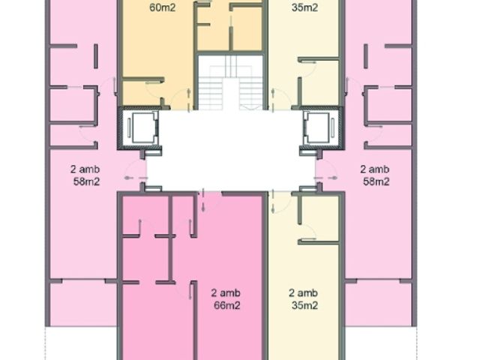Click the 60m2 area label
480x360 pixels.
(x=163, y=7)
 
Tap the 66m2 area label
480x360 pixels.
(x=226, y=305)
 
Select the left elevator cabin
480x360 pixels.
(x=142, y=127)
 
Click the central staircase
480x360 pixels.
(x=230, y=82)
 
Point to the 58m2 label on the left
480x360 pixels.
(x=87, y=181)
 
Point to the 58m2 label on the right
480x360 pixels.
(x=376, y=181)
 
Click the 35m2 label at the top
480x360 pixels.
(x=304, y=7)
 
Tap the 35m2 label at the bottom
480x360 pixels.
(x=304, y=305)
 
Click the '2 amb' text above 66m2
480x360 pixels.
(x=226, y=293)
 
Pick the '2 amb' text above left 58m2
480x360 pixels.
(x=85, y=169)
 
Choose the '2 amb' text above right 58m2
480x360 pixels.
(x=375, y=169)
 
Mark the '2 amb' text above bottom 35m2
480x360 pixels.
(x=303, y=293)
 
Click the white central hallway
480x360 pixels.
(x=230, y=151)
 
